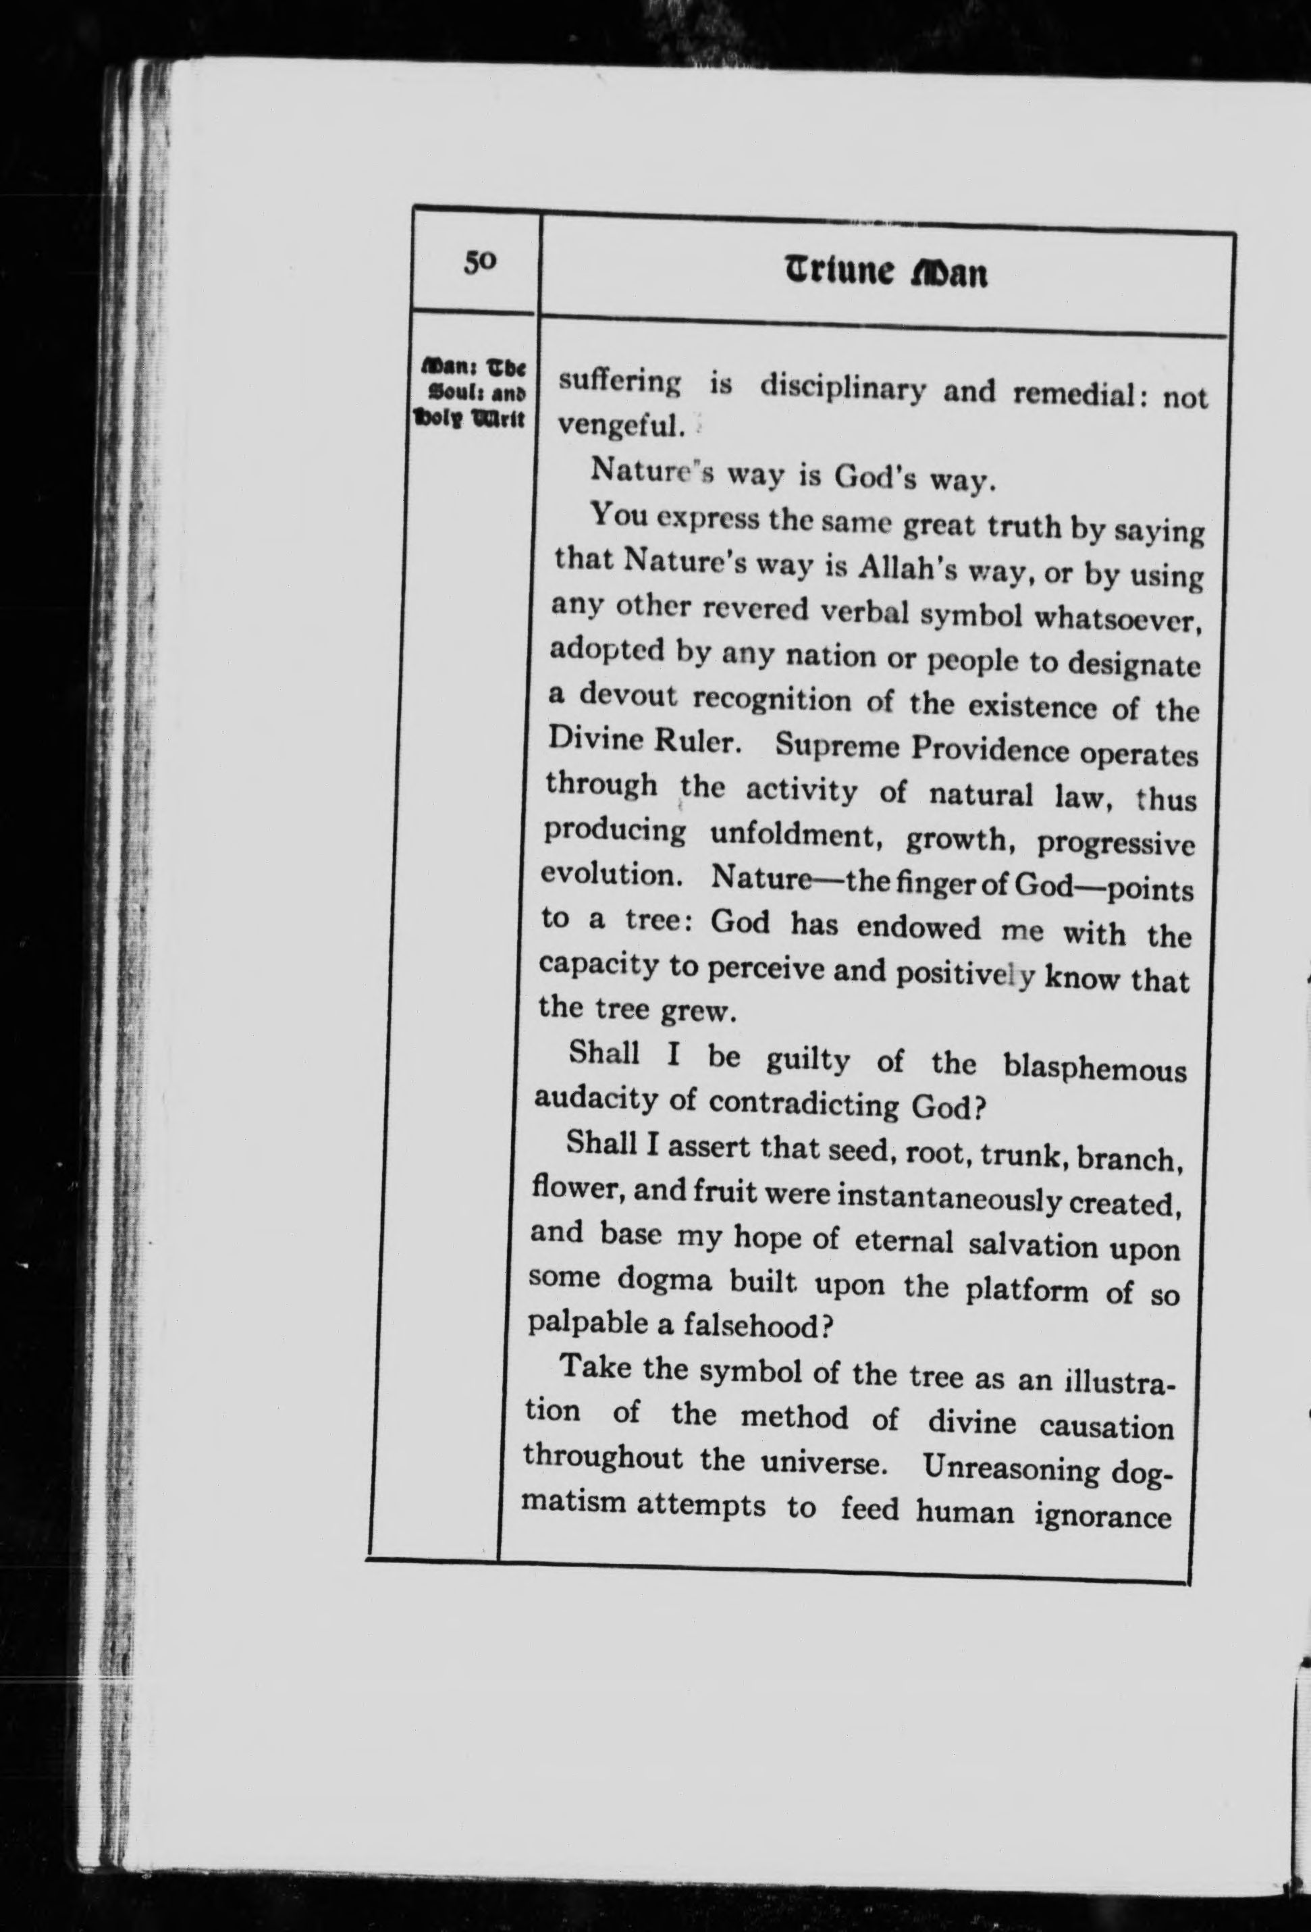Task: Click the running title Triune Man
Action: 886,273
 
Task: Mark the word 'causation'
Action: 1106,1426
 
